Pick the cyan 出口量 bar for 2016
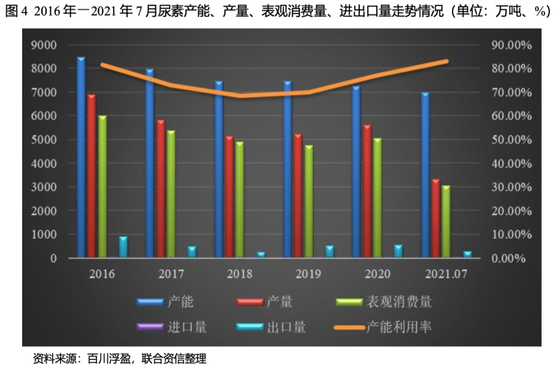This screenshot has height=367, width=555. [x=123, y=247]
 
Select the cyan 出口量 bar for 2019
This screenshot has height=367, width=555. [x=329, y=251]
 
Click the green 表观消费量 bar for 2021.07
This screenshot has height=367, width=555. [x=446, y=221]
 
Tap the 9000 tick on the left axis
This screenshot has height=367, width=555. [x=45, y=45]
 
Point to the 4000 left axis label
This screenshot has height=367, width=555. [x=45, y=163]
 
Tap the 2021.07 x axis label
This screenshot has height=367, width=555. [x=445, y=273]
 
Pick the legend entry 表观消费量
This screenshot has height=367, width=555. [x=399, y=302]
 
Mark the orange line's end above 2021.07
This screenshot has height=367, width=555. [x=447, y=61]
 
